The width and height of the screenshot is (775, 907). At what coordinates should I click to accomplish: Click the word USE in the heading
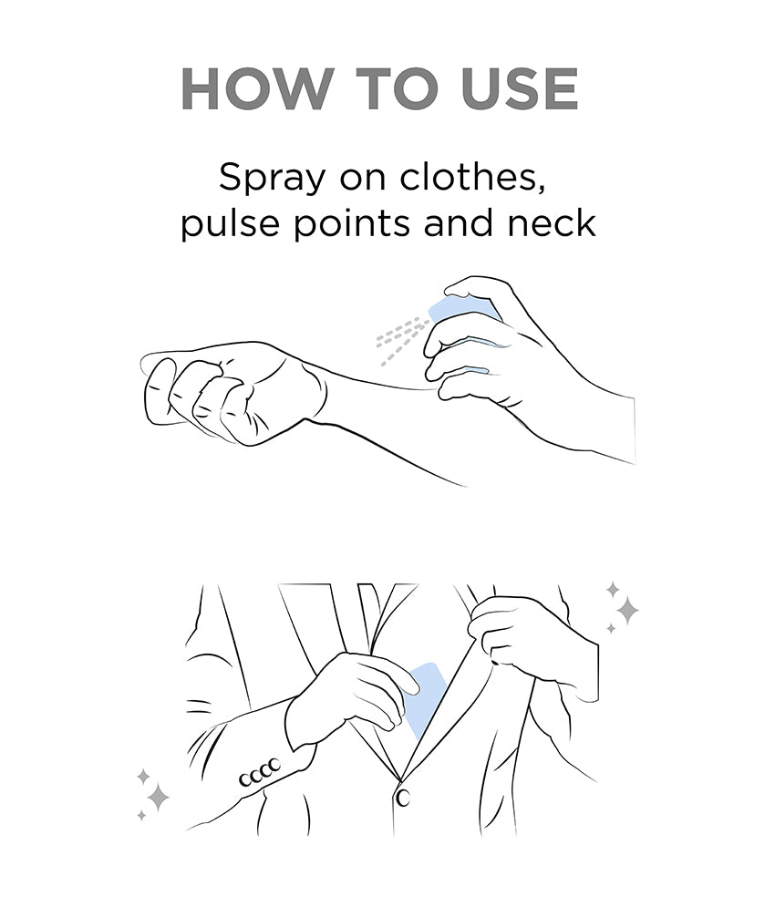click(521, 89)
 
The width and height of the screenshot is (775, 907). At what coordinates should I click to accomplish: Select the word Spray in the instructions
click(271, 178)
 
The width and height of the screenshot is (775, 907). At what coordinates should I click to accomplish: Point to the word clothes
click(471, 177)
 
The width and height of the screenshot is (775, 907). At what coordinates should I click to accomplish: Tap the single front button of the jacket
click(402, 798)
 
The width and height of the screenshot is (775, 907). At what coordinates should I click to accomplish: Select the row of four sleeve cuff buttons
click(261, 773)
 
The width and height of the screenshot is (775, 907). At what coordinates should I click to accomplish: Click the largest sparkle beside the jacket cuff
click(158, 799)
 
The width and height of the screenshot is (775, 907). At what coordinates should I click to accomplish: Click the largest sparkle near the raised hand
click(626, 610)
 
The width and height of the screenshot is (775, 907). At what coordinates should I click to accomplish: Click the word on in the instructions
click(362, 180)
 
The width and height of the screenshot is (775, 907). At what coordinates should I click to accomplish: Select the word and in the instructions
click(459, 222)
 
